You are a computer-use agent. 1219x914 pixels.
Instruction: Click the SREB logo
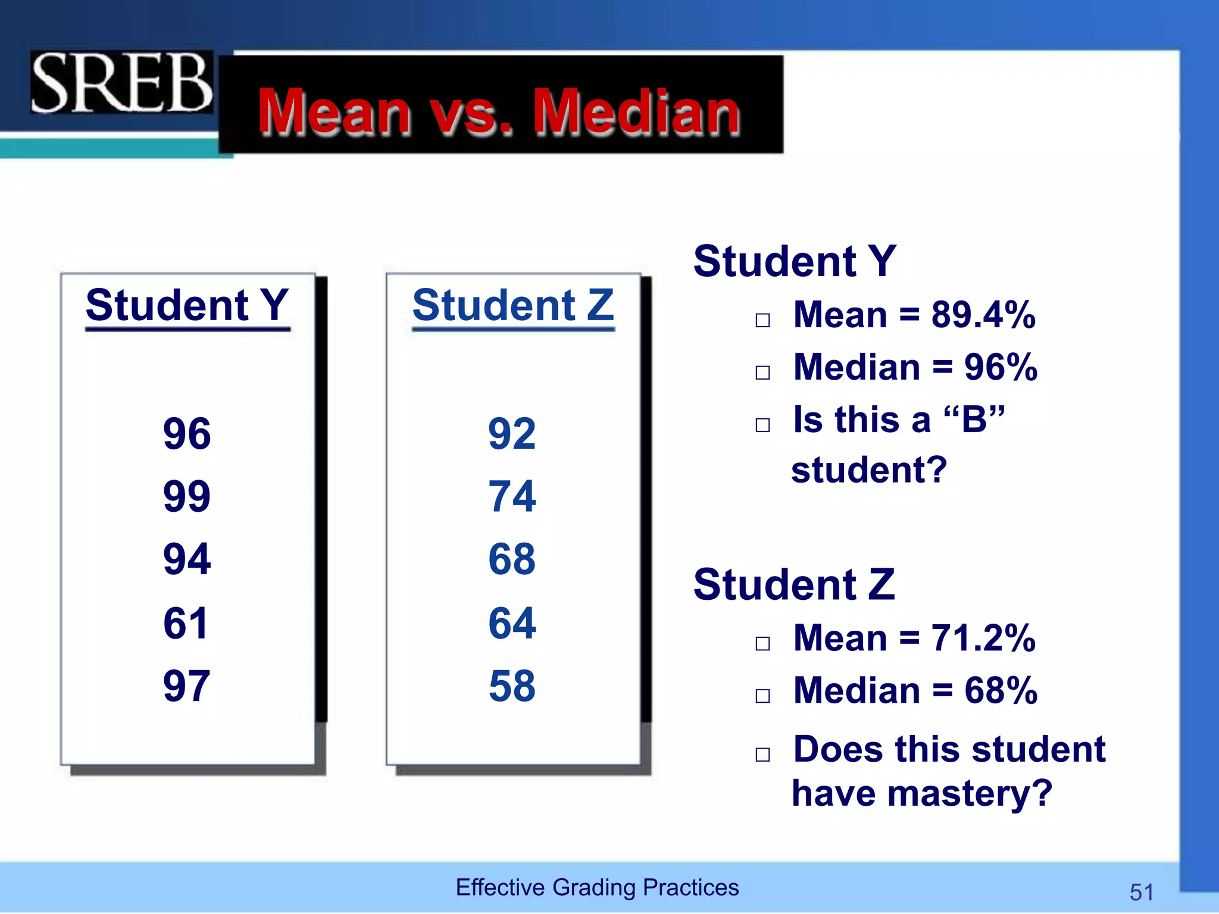point(121,83)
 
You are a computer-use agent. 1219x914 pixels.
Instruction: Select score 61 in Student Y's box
point(186,623)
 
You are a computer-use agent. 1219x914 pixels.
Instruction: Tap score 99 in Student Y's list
point(186,496)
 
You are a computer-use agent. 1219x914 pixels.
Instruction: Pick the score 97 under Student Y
point(186,685)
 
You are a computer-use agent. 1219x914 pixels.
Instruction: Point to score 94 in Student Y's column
point(186,559)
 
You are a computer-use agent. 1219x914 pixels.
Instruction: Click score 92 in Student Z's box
point(512,434)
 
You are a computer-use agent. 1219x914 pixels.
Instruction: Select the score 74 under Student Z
point(512,496)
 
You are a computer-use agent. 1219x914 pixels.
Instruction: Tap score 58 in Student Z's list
point(512,685)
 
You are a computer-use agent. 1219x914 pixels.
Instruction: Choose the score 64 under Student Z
point(512,623)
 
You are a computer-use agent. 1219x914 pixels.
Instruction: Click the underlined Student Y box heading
point(187,305)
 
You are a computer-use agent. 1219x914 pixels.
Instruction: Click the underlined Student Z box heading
point(513,305)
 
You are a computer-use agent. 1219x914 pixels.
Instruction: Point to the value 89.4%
point(983,315)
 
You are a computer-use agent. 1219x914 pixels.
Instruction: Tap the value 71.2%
point(983,638)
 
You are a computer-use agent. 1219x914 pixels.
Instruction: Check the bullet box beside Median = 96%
point(762,373)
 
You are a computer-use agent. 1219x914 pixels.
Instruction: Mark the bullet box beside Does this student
point(762,755)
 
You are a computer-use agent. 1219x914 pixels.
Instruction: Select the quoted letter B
point(974,420)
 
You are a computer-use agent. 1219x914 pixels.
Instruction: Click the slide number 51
point(1141,892)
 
